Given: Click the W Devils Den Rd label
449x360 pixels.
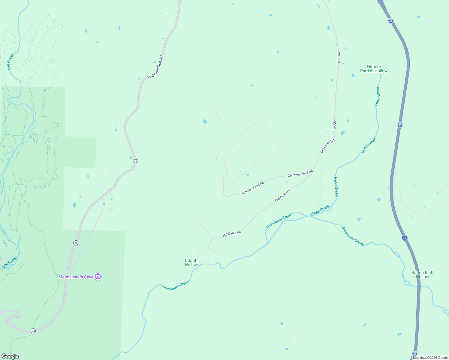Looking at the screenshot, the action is pyautogui.click(x=155, y=67).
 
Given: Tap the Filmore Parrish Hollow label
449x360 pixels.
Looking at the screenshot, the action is pyautogui.click(x=374, y=69).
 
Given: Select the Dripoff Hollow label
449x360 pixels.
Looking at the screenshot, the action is pyautogui.click(x=191, y=262).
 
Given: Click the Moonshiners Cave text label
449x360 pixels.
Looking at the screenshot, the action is pyautogui.click(x=76, y=277).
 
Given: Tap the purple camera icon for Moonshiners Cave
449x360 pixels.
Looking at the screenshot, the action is pyautogui.click(x=98, y=277).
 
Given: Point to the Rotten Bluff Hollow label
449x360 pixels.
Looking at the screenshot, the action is pyautogui.click(x=422, y=274).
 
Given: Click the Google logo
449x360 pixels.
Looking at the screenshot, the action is pyautogui.click(x=10, y=356).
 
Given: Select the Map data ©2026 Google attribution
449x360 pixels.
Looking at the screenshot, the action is pyautogui.click(x=430, y=358).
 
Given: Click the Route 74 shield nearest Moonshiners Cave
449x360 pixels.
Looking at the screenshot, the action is pyautogui.click(x=76, y=243).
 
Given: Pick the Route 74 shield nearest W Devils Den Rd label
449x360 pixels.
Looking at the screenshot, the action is pyautogui.click(x=136, y=160).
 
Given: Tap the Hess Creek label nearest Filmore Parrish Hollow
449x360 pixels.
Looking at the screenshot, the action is pyautogui.click(x=377, y=96).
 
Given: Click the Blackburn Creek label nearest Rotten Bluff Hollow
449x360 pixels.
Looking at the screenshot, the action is pyautogui.click(x=353, y=236).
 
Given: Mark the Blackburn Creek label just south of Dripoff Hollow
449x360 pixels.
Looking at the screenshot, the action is pyautogui.click(x=176, y=285).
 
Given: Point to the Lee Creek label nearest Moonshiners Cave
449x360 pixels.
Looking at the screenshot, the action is pyautogui.click(x=10, y=262).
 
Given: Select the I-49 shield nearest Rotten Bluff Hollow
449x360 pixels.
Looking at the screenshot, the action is pyautogui.click(x=405, y=238).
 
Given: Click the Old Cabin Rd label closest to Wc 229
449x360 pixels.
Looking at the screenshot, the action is pyautogui.click(x=327, y=146).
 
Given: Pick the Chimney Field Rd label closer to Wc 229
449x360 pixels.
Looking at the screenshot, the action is pyautogui.click(x=300, y=173).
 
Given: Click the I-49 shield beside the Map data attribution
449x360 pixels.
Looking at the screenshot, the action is pyautogui.click(x=415, y=353).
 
